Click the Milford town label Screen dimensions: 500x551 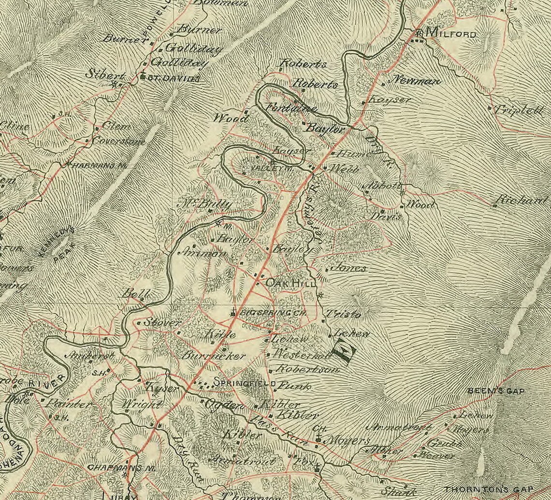(x=451, y=34)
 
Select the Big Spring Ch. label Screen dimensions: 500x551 (x=273, y=313)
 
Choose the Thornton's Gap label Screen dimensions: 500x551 (x=497, y=489)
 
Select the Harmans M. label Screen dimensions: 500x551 (x=99, y=165)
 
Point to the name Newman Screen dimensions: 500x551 (x=415, y=80)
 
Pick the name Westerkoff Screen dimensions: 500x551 (x=302, y=354)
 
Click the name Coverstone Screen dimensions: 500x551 (x=118, y=141)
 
